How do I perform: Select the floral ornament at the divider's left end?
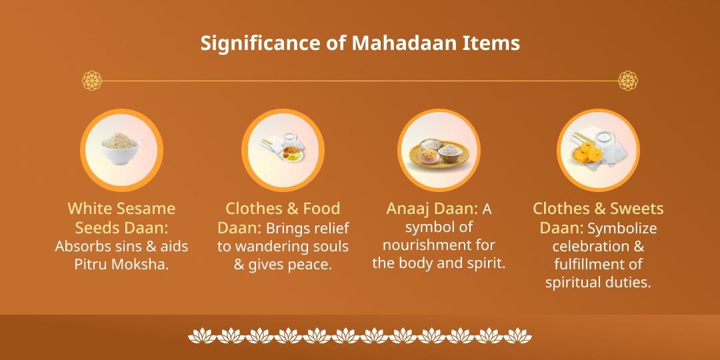(92, 81)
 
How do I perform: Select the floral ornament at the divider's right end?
(628, 81)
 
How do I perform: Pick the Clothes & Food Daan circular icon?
(283, 150)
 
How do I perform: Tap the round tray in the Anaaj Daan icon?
(439, 155)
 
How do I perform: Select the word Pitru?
(94, 265)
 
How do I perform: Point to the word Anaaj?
(408, 209)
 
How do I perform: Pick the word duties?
(626, 283)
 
